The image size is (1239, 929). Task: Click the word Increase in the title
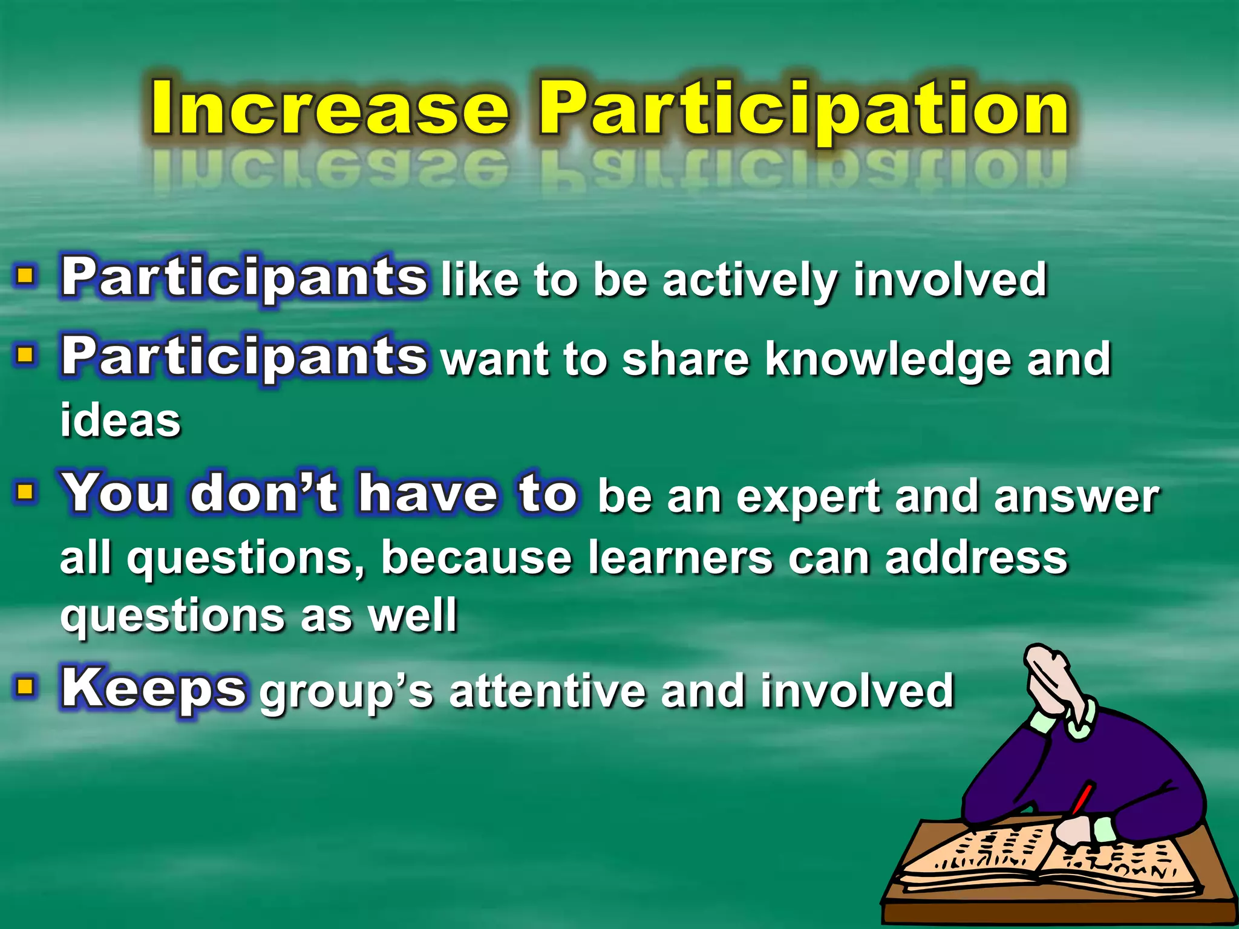(330, 109)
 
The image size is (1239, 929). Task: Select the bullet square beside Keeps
(25, 687)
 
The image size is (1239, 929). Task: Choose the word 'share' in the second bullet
(686, 359)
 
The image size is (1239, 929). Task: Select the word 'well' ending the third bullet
(413, 616)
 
